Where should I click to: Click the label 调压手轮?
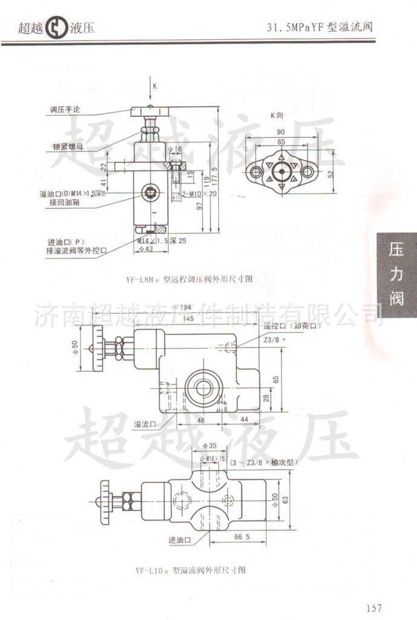(x=65, y=110)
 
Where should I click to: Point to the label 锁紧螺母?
(x=67, y=146)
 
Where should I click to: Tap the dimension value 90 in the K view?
(x=281, y=132)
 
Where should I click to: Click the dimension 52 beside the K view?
(x=330, y=173)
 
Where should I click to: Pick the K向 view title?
(x=277, y=115)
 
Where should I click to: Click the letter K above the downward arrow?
(x=155, y=86)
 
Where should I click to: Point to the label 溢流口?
(x=145, y=424)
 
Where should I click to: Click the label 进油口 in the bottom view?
(x=179, y=539)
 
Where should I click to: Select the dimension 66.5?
(x=241, y=536)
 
